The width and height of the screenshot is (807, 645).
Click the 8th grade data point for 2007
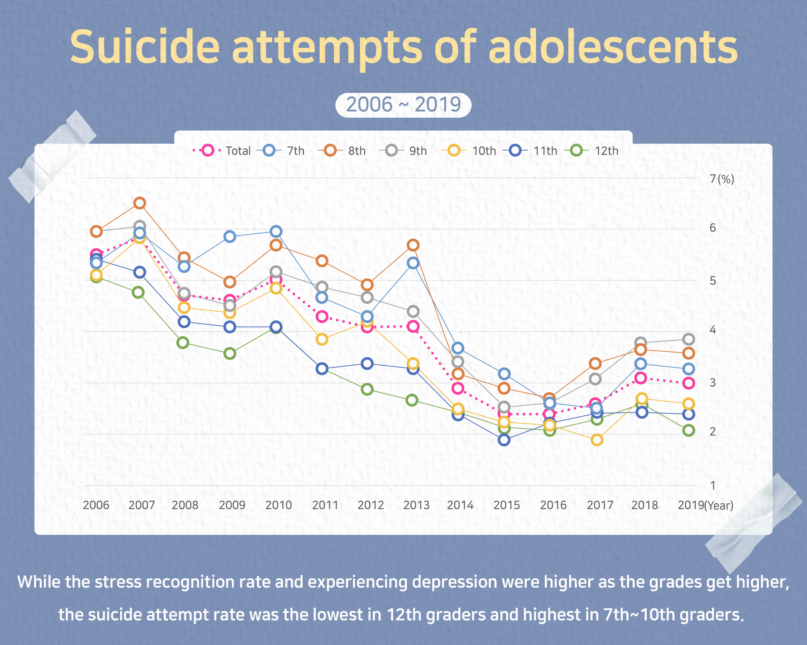tap(140, 203)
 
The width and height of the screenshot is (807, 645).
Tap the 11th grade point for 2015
tap(504, 440)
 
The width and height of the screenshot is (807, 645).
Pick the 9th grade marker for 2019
tap(688, 340)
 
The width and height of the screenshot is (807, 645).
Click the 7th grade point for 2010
tap(276, 231)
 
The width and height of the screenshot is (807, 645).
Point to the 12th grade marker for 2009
tap(230, 353)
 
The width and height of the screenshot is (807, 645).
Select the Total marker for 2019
tap(688, 383)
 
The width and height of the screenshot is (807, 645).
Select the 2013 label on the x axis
tap(416, 505)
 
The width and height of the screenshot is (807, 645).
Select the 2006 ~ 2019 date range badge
tap(403, 105)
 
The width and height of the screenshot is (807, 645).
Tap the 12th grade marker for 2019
tap(688, 430)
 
